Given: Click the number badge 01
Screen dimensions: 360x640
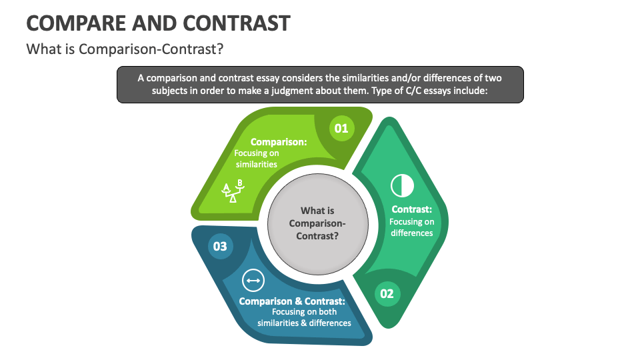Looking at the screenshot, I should (341, 128).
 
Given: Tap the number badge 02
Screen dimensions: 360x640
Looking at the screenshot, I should (387, 293).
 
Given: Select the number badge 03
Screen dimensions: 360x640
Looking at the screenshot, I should (220, 246).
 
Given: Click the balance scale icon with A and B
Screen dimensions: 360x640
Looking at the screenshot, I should (233, 191).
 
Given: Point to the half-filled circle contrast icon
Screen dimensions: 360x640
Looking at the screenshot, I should (402, 185).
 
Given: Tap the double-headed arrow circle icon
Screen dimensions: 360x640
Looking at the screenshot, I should (253, 281).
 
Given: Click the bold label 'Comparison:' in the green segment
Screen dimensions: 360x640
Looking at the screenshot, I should (279, 142).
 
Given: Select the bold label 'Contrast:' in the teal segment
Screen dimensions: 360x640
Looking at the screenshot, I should (412, 210).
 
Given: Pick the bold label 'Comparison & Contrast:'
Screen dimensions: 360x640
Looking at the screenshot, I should (297, 301).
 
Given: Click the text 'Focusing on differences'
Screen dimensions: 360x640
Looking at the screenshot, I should (412, 227).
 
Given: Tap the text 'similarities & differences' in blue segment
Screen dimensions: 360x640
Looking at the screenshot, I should (304, 323).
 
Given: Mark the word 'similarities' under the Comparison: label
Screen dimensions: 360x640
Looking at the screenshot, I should (257, 164).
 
